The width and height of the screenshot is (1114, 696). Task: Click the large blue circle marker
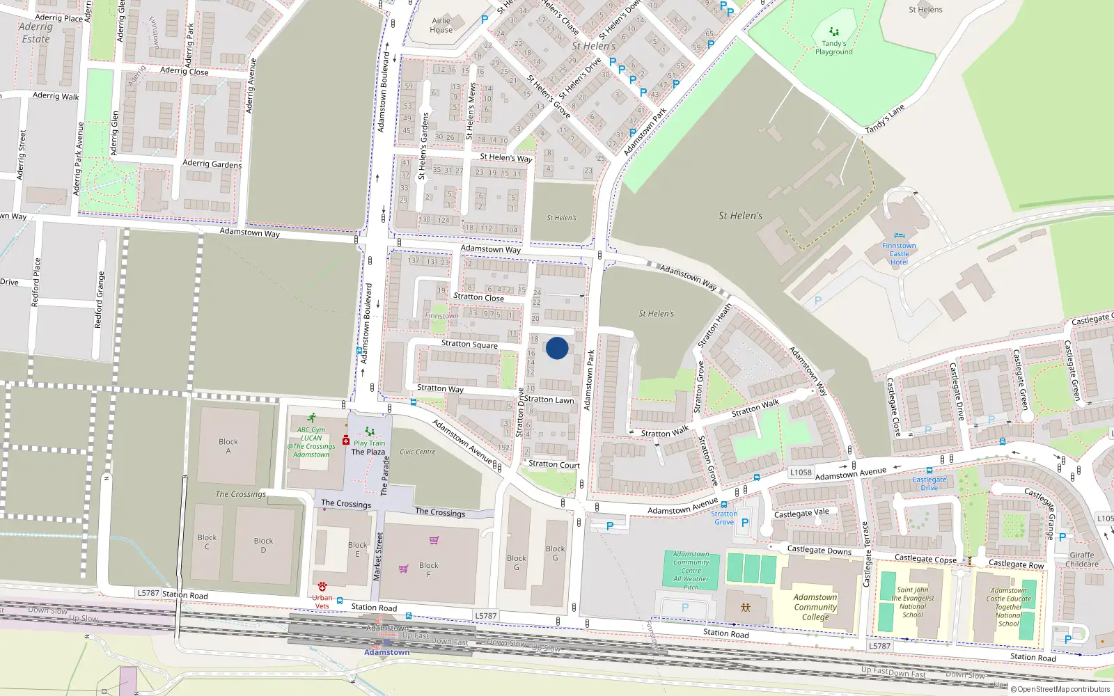click(557, 348)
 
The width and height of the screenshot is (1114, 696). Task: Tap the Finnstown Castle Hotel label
click(899, 253)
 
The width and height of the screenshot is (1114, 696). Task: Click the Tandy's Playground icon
click(834, 32)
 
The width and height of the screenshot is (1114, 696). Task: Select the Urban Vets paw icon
click(322, 587)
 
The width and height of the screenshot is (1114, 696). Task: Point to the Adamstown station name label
click(387, 652)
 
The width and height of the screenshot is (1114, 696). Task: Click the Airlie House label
click(441, 26)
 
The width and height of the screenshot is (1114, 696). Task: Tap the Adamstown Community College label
click(815, 607)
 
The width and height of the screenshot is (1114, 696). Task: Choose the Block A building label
click(228, 446)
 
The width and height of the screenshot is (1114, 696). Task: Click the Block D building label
click(263, 545)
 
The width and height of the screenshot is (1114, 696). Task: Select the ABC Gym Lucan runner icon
click(311, 418)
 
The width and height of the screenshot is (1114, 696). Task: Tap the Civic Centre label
click(418, 452)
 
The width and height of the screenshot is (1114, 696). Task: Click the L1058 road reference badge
click(801, 472)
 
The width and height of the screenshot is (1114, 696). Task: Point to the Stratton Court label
click(554, 464)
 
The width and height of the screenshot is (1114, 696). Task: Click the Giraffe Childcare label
click(1082, 560)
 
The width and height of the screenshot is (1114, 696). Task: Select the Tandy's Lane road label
click(885, 119)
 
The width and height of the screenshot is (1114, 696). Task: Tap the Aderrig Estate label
click(36, 33)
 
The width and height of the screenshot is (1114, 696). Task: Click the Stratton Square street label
click(469, 344)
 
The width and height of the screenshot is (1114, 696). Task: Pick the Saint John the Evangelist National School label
click(913, 602)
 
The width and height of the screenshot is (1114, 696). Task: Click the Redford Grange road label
click(100, 300)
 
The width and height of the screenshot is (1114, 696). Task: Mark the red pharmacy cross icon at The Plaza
click(346, 441)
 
